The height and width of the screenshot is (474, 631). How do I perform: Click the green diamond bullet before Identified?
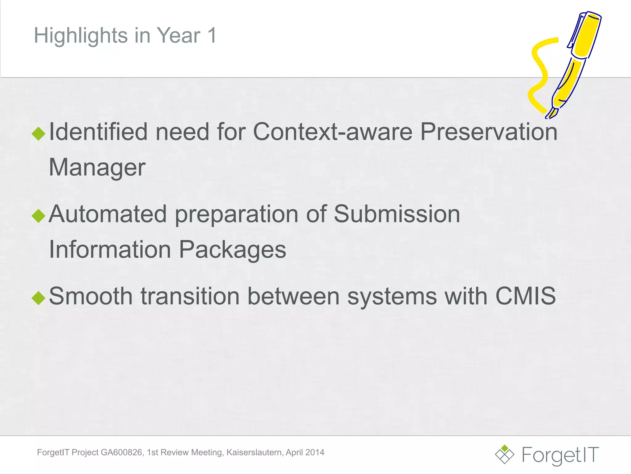[39, 133]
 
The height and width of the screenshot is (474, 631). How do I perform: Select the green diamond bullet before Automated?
[39, 216]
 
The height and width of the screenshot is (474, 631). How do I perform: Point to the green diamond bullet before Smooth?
[39, 298]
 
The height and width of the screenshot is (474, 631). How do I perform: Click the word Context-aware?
[332, 132]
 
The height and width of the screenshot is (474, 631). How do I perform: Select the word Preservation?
[489, 132]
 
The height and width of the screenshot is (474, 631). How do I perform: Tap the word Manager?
[97, 168]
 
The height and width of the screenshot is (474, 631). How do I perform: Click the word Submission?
[397, 214]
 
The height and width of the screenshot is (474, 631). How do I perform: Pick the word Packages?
[233, 250]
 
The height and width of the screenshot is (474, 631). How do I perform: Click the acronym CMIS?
[525, 296]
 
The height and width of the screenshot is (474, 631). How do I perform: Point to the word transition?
[190, 296]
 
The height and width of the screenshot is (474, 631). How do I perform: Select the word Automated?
[108, 214]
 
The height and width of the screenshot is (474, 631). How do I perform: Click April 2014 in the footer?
[305, 452]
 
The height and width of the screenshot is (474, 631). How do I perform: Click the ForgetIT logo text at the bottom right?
[560, 455]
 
